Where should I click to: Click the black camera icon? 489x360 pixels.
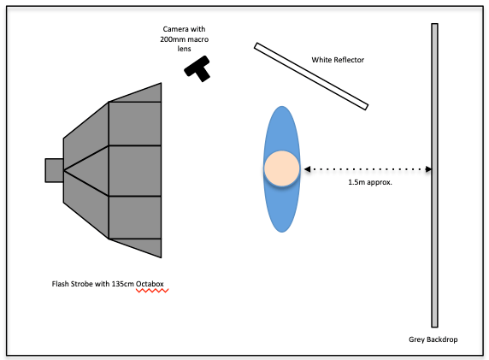197,69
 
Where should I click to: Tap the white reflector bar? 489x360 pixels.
311,76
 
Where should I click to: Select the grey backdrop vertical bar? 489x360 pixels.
434,175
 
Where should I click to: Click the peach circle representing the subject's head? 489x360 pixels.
282,168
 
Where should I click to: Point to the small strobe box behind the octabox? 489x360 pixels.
54,170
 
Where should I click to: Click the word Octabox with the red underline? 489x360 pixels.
150,284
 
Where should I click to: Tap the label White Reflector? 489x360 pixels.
338,60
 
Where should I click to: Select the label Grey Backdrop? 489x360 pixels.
433,339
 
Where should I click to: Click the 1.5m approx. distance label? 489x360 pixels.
370,182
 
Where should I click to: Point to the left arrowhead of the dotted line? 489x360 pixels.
307,169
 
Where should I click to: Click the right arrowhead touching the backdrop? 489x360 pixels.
428,169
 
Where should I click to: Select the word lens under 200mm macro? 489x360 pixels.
184,49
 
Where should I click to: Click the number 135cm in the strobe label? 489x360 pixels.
122,284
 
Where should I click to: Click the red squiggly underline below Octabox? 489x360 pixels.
152,291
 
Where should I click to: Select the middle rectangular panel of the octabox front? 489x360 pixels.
135,171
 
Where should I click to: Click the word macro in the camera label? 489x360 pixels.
198,39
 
